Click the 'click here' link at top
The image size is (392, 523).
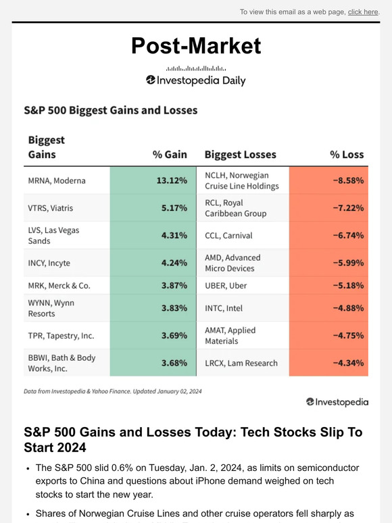[x=363, y=12]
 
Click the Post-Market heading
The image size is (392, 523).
[x=196, y=45]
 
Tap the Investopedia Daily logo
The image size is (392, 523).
[x=196, y=80]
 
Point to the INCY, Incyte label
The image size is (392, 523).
[x=49, y=264]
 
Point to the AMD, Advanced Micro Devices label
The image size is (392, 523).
[x=232, y=264]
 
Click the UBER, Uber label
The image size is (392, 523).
[x=226, y=286]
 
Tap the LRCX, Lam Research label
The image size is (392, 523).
[x=241, y=363]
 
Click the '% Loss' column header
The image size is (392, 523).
[x=347, y=155]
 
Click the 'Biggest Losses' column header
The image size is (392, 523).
[x=240, y=155]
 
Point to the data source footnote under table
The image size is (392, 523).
[x=112, y=391]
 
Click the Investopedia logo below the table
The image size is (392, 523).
[x=337, y=402]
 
